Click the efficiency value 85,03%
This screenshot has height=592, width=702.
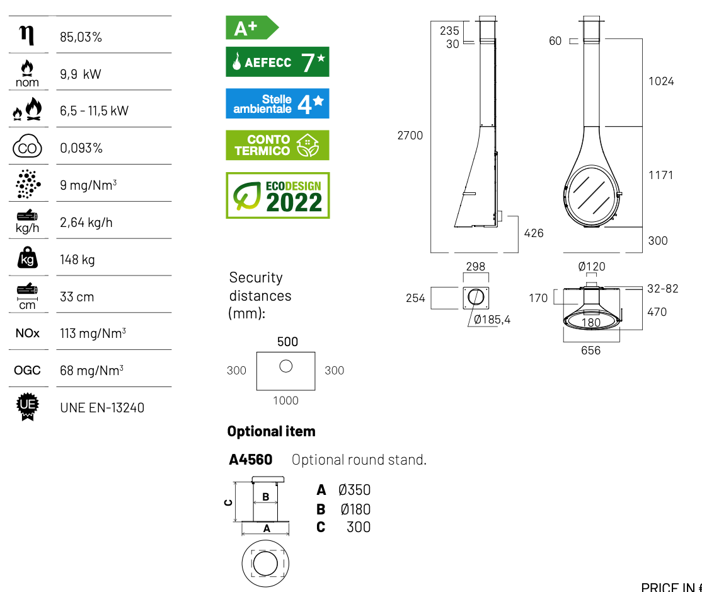pos(81,37)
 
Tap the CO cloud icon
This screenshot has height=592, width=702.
pos(27,146)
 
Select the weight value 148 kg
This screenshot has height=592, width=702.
pos(78,260)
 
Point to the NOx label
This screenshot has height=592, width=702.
pos(27,333)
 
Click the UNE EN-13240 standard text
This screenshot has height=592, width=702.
pos(102,408)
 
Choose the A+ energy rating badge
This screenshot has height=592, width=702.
pos(252,28)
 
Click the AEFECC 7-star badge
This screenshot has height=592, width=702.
pos(277,62)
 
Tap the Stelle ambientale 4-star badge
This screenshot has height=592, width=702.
pos(277,103)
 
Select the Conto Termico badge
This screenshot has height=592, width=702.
pos(277,145)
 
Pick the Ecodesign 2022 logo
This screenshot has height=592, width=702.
pos(277,195)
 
